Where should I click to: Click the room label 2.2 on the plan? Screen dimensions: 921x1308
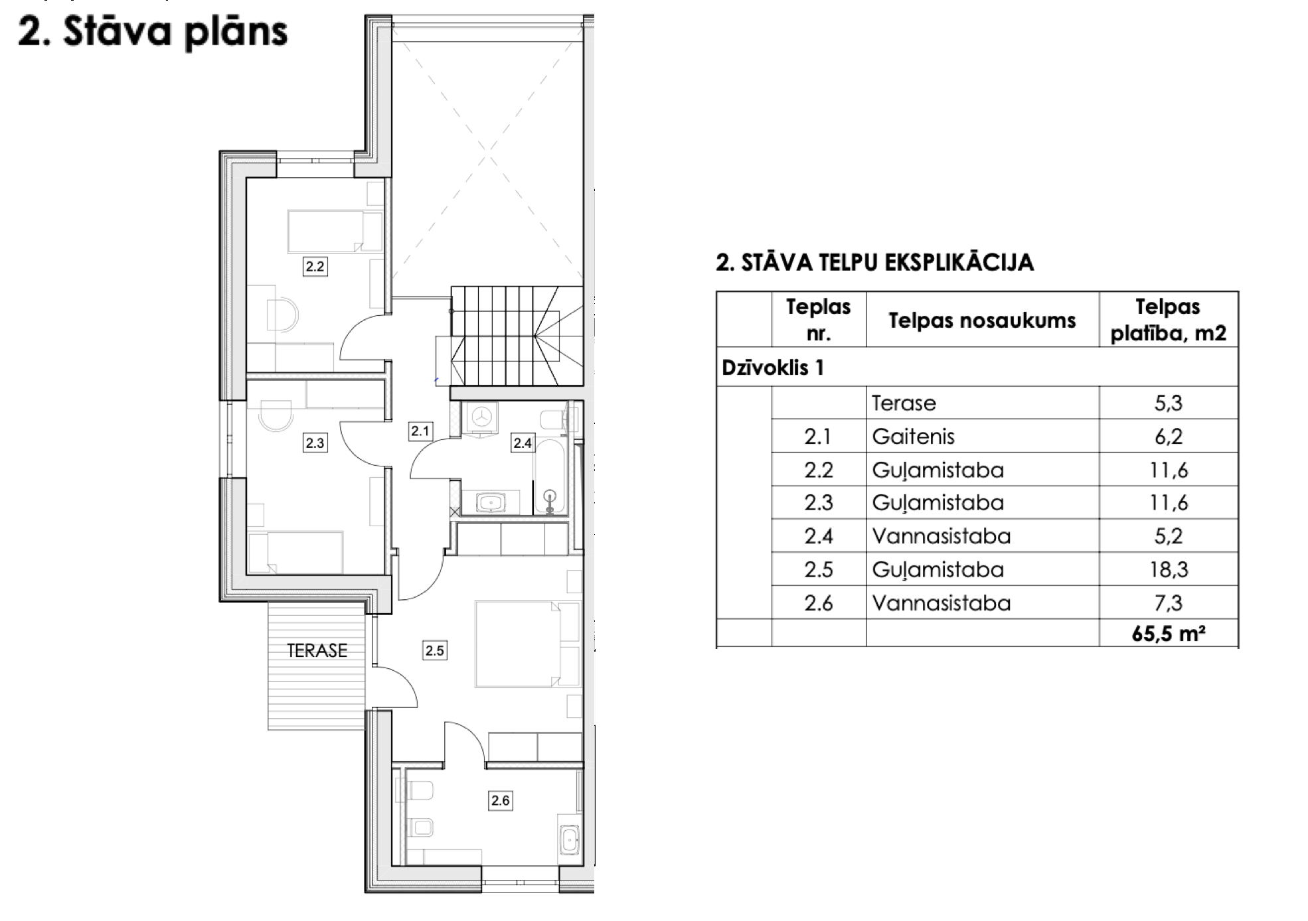315,267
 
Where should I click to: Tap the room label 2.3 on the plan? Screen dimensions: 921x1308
315,443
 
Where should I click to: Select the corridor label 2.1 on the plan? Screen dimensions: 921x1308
420,431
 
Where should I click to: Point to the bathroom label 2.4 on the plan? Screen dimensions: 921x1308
523,443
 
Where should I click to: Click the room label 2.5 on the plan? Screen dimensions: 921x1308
435,650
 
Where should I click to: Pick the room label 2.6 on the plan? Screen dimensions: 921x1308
500,801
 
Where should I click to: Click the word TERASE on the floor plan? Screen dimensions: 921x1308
317,650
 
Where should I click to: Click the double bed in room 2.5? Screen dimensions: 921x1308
518,644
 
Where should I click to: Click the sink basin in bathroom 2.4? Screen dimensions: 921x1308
491,502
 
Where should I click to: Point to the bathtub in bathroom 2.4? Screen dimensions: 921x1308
550,474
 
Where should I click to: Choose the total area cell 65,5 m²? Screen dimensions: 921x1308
1168,634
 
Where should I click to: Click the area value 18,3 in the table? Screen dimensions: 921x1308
1168,569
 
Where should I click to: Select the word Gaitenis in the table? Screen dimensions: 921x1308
913,437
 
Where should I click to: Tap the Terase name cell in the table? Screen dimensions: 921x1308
904,403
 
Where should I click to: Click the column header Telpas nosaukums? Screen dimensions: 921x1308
982,320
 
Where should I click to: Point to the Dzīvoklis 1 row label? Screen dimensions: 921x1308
773,368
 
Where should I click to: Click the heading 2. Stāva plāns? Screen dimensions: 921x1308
153,32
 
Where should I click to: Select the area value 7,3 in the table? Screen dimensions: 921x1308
1168,602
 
